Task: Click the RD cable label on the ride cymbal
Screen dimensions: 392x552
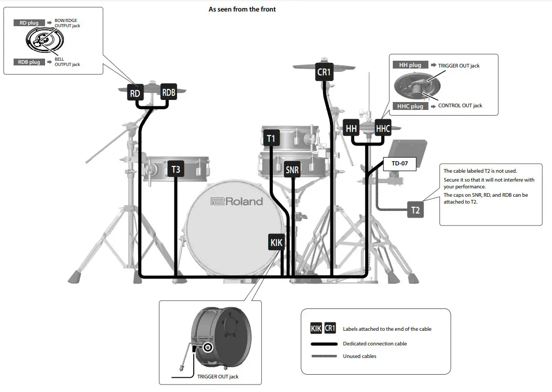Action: [x=135, y=94]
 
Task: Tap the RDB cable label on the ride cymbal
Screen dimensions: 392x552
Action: [x=169, y=92]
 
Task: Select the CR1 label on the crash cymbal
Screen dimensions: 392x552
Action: [x=324, y=72]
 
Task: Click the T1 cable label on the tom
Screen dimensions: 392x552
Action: [x=271, y=138]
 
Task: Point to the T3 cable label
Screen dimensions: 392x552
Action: [x=175, y=169]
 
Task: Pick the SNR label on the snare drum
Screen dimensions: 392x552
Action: [x=292, y=170]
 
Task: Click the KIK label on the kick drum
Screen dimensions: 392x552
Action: [x=276, y=242]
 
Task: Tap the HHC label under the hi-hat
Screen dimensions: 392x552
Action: [x=383, y=128]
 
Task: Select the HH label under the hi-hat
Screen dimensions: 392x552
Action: [x=351, y=128]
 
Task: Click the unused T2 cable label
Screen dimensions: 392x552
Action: [x=415, y=210]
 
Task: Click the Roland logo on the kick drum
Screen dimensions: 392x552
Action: [x=237, y=201]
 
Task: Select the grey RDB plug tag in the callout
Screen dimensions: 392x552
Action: [x=29, y=62]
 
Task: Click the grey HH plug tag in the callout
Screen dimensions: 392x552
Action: [x=410, y=65]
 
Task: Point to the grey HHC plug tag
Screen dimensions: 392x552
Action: [x=410, y=106]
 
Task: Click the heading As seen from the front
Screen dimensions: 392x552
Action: [x=242, y=9]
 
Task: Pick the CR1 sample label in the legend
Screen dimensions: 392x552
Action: [x=330, y=328]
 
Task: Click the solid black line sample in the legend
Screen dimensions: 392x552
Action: [x=324, y=344]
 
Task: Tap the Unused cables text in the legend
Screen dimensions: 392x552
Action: [x=359, y=356]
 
